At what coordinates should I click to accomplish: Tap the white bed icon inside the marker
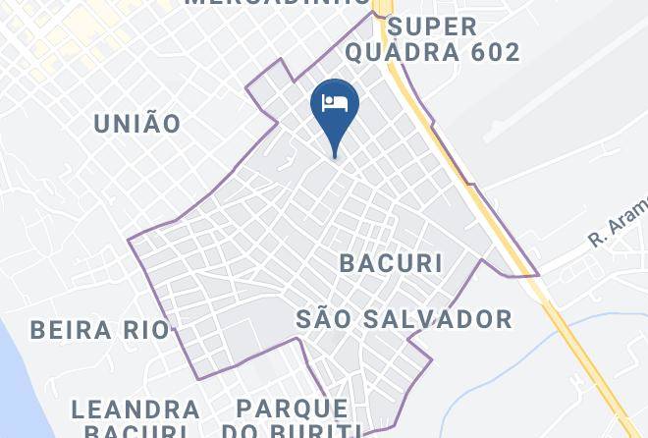coord(335,103)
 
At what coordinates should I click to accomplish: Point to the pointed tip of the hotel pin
coord(335,156)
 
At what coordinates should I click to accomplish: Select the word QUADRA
coord(415,52)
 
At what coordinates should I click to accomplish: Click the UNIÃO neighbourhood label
coord(136,124)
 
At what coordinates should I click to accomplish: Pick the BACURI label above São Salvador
coord(390,263)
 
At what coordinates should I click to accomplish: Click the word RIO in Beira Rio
coord(147,329)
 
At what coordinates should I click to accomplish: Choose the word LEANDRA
coord(136,409)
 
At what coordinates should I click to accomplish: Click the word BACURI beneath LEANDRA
coord(136,431)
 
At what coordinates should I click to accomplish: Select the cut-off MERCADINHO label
coord(276,3)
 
